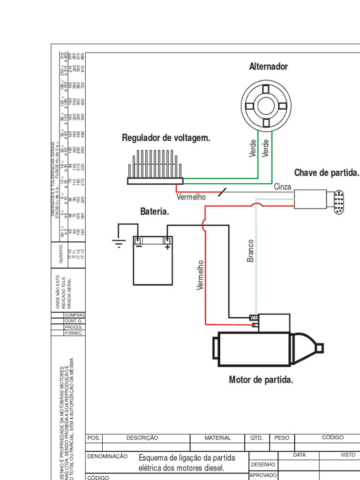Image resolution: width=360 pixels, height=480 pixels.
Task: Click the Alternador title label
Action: coord(268,67)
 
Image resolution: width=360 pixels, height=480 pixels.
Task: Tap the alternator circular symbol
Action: coord(265,104)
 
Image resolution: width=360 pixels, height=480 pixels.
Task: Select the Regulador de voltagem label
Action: coord(166,138)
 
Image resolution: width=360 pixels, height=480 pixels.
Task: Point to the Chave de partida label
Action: coord(326,172)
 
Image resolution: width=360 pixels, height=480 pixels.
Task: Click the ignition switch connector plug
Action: coord(338,202)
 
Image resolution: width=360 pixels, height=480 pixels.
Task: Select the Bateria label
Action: coord(155,212)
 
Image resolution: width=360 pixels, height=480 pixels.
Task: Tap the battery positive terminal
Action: coord(166,242)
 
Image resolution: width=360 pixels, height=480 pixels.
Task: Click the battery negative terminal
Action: coord(138,242)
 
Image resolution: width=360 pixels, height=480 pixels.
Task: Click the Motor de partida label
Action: coord(261,380)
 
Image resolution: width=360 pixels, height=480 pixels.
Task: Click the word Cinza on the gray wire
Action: coord(283,187)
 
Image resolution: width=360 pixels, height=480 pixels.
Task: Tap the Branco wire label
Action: coord(251,251)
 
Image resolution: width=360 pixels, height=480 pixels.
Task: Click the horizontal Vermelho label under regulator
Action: coord(191,197)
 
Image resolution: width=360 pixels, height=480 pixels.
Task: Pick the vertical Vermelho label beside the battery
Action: coord(201,275)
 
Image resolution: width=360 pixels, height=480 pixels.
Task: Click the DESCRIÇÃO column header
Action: coord(142,438)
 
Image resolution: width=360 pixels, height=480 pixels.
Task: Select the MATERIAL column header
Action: coord(217,438)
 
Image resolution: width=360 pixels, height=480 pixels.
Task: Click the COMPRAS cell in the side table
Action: coord(74,315)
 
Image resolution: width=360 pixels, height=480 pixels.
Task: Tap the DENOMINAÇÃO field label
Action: coord(107,456)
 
